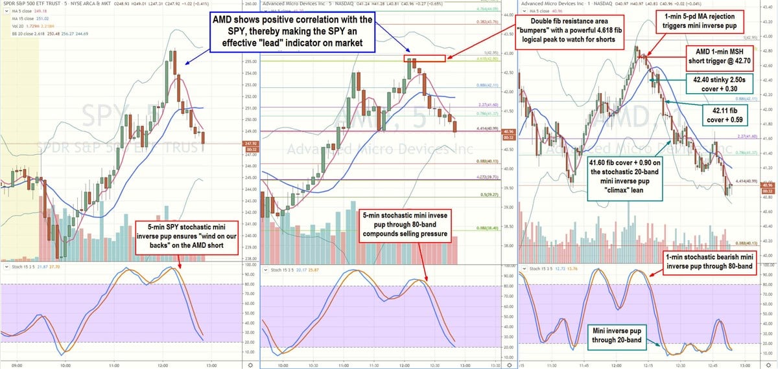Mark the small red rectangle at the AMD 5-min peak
tap(425, 58)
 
